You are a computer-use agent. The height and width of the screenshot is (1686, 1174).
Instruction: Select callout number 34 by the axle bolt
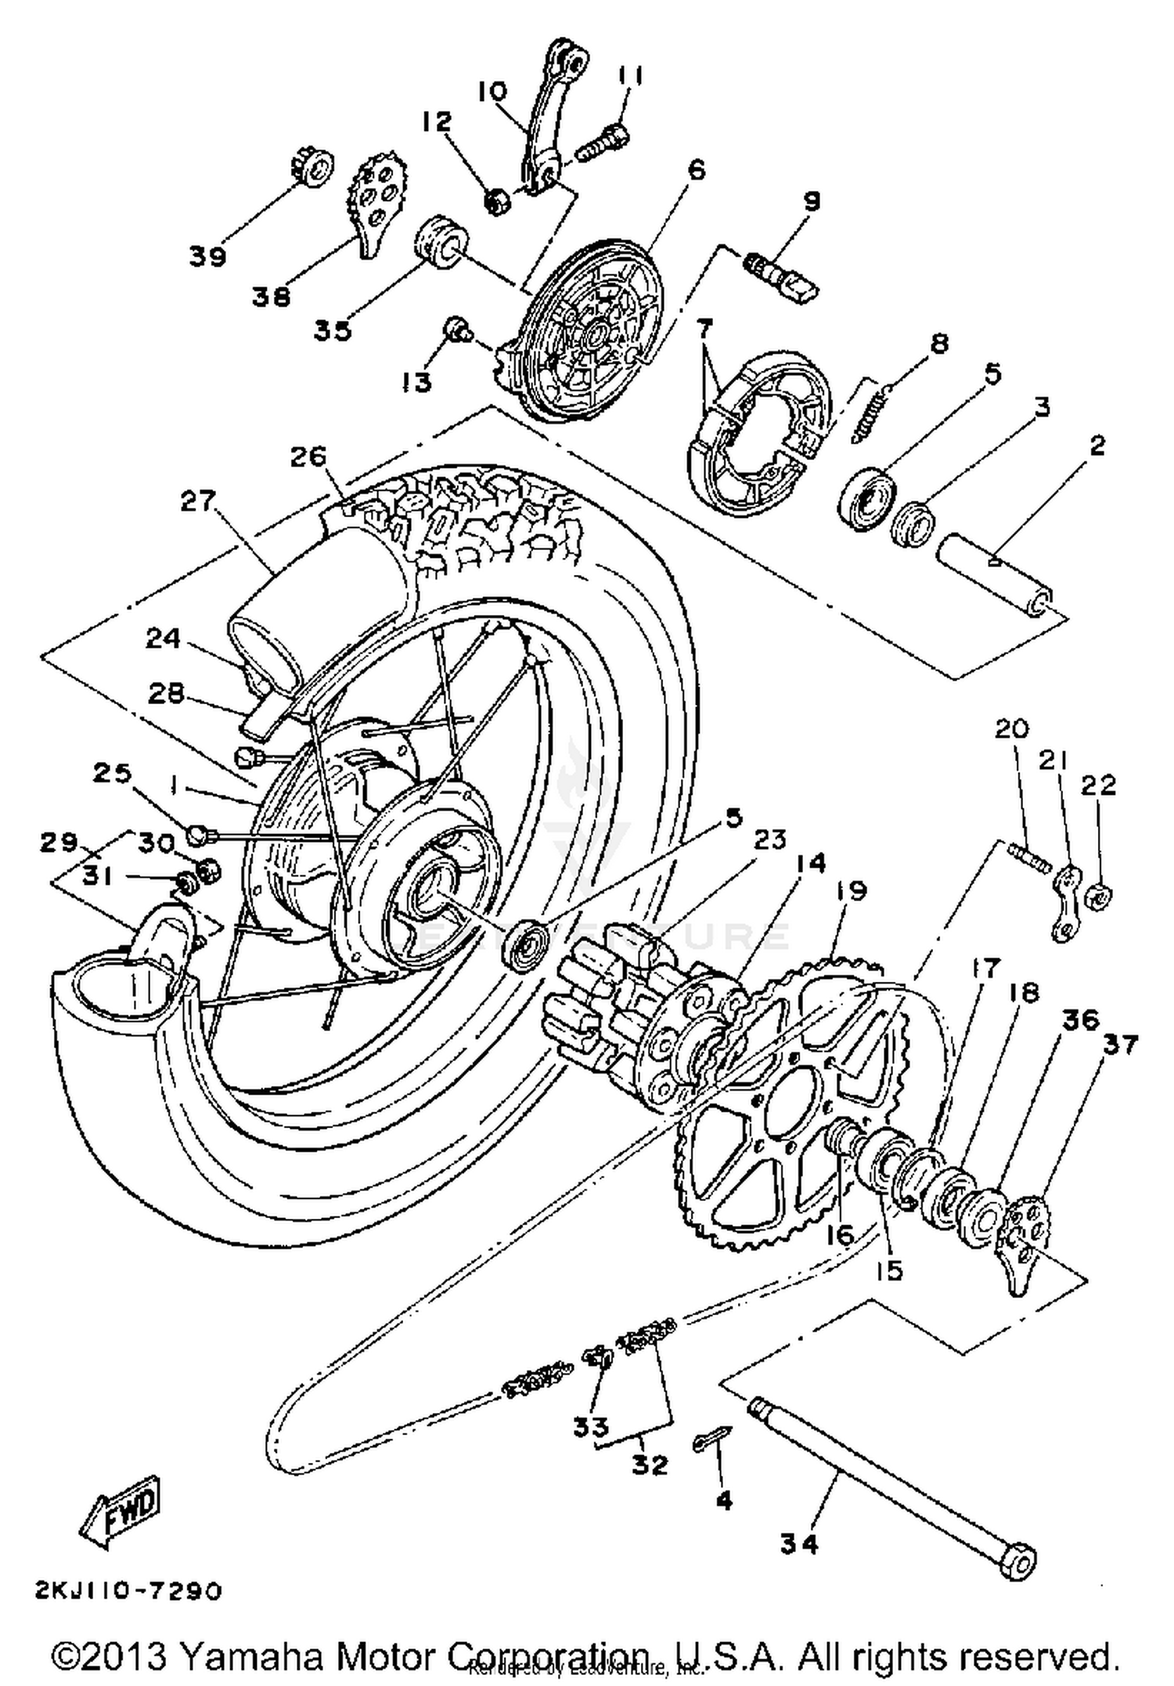click(799, 1544)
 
